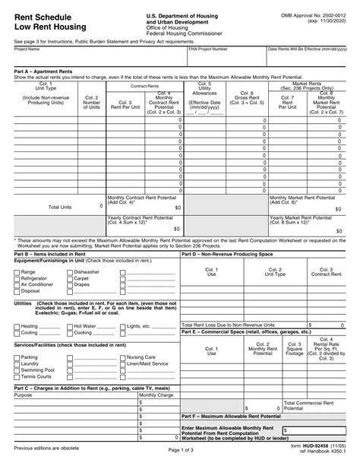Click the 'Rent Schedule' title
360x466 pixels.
click(x=39, y=15)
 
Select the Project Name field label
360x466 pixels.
click(x=27, y=49)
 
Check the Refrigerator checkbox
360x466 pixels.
click(x=17, y=278)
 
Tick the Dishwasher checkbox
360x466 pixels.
click(x=70, y=271)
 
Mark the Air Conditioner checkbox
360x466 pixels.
click(x=17, y=284)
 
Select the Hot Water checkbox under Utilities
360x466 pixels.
click(x=70, y=326)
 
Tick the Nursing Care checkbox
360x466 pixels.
click(x=123, y=357)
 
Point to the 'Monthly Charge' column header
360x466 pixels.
click(x=156, y=395)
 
